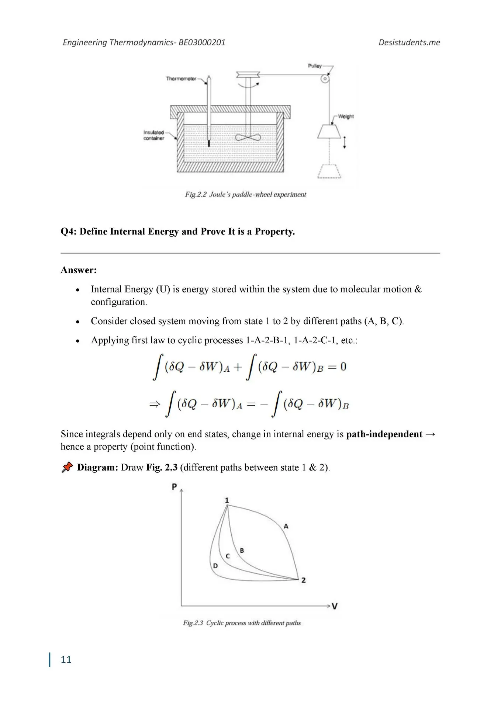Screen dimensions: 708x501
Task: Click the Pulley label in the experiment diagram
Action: (x=315, y=66)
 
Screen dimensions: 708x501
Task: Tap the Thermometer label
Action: (x=181, y=79)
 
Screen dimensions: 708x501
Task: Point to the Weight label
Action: (x=346, y=117)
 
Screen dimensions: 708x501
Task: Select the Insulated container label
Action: (x=154, y=135)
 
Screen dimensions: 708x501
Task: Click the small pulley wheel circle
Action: (x=325, y=79)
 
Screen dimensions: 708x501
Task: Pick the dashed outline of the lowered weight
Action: (x=329, y=171)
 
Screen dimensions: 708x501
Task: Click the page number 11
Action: (x=66, y=659)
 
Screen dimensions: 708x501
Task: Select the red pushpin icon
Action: (x=67, y=467)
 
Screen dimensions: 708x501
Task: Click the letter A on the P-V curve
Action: (x=286, y=527)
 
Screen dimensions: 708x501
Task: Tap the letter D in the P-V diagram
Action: (x=215, y=566)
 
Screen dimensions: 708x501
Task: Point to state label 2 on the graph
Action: (x=304, y=580)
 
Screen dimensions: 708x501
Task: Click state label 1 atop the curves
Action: (x=227, y=500)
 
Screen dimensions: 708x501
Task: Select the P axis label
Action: (x=175, y=487)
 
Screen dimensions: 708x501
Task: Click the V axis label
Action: (x=335, y=606)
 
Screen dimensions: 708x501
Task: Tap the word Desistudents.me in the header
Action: (x=409, y=42)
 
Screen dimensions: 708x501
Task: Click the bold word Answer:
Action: (x=79, y=270)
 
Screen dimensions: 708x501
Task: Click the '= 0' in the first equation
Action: (x=337, y=367)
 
